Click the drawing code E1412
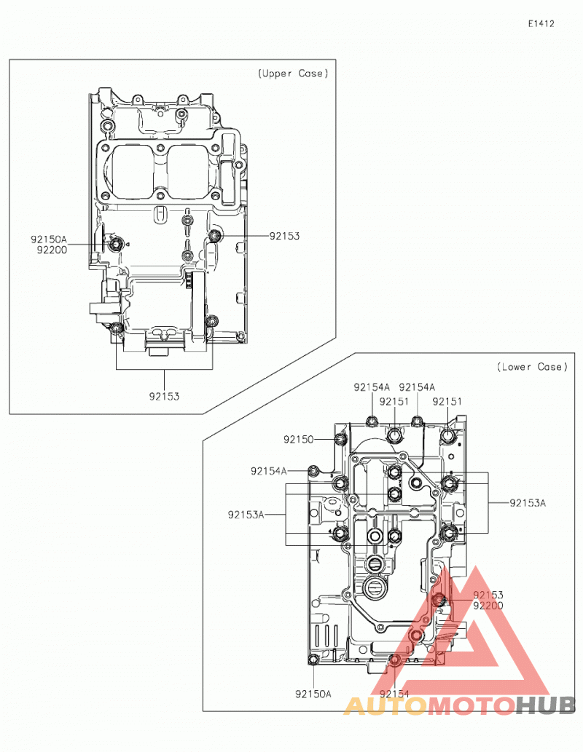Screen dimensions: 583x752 541,23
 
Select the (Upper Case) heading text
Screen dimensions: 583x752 293,74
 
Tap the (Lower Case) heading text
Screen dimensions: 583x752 532,367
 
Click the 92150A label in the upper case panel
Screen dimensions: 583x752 49,239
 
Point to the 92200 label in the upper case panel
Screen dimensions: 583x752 52,250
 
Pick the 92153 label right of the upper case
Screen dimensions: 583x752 284,236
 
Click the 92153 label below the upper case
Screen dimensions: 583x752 164,397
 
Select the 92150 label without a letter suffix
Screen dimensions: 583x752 298,439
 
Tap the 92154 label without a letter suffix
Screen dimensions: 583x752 394,694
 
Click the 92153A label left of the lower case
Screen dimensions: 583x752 246,515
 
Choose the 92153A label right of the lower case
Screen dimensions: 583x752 528,503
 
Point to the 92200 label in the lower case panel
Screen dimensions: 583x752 488,605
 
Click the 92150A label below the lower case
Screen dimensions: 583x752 313,694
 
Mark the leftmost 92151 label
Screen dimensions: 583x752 394,401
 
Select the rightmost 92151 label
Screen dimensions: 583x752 447,401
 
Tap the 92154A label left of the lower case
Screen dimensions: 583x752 268,471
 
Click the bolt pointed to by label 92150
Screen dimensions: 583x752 340,439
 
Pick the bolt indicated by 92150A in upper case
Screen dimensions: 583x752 115,245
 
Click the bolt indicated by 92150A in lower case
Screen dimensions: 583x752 313,660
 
